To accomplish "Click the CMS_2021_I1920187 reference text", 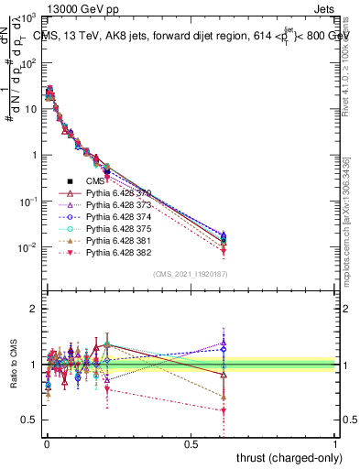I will tap(190, 274).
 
